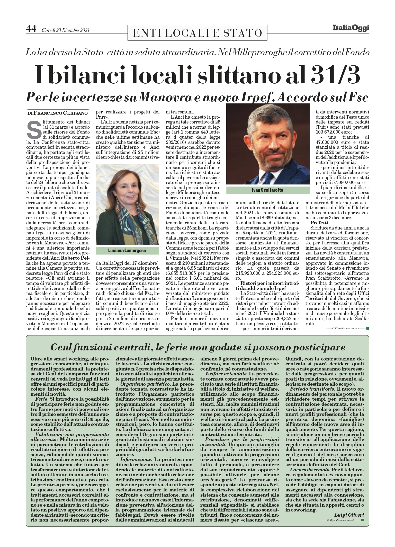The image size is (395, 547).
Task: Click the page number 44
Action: coord(31,29)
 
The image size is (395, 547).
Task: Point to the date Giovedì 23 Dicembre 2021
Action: coord(65,30)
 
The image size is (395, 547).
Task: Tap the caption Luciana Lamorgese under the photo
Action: coord(127,250)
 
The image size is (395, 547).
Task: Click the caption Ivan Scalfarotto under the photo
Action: coord(268,190)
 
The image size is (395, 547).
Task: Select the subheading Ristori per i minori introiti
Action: coord(267,283)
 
